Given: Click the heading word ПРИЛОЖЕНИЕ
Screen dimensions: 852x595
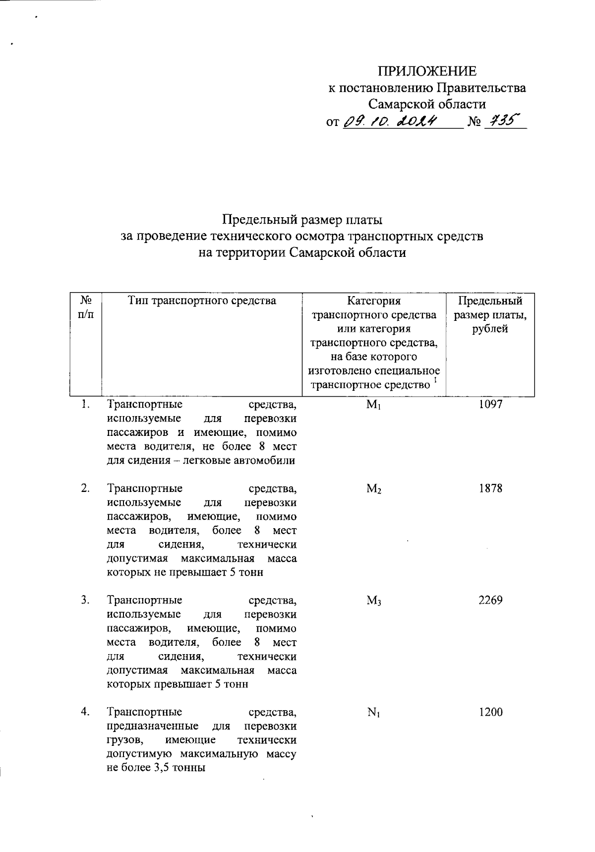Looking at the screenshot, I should (x=427, y=71).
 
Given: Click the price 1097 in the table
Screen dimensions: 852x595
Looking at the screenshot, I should (x=490, y=405).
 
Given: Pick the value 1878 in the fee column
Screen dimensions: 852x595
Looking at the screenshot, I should (x=490, y=488).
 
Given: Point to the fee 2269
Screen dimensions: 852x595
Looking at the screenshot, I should (x=490, y=601).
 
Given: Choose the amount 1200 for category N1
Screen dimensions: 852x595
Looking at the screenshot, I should (x=490, y=713).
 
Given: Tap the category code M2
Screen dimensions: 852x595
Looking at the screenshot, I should (x=373, y=489).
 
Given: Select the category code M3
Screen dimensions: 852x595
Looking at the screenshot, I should (x=373, y=601).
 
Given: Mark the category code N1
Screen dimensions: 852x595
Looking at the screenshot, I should (x=373, y=713).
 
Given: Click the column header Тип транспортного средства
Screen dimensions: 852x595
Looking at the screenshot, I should (x=202, y=301).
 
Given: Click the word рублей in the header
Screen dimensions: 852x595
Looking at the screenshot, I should (x=490, y=329).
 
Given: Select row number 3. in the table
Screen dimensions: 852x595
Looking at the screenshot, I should (x=85, y=601).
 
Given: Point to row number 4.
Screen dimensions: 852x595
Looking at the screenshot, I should (x=85, y=712).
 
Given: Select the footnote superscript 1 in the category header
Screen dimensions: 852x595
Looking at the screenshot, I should (x=435, y=380).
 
